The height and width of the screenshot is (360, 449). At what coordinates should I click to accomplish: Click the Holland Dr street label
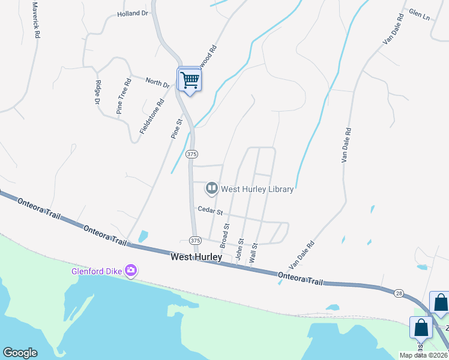(x=133, y=13)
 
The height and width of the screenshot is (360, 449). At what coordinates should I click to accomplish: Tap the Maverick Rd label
(x=36, y=20)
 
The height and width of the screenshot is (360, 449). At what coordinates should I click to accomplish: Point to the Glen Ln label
(x=419, y=14)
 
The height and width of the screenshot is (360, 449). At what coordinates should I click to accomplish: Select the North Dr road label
(x=157, y=82)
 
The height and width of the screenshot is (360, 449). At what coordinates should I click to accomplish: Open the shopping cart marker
(x=190, y=79)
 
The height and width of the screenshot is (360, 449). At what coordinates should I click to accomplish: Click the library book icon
(x=211, y=188)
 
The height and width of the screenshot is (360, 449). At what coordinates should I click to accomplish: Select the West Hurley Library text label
(x=258, y=189)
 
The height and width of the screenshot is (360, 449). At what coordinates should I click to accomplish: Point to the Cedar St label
(x=210, y=211)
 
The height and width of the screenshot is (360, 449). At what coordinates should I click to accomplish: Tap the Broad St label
(x=226, y=236)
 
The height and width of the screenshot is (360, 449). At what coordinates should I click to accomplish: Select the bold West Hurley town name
(x=196, y=257)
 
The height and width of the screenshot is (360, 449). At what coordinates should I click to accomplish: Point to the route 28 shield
(x=400, y=293)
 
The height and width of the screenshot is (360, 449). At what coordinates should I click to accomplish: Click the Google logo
(x=20, y=353)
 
